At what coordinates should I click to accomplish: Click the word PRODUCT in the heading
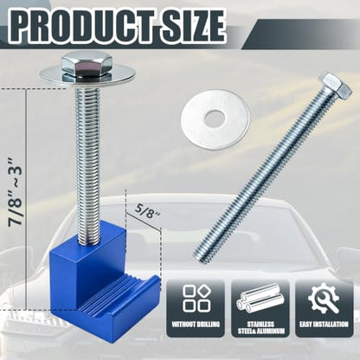84,26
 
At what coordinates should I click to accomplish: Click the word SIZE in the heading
193,26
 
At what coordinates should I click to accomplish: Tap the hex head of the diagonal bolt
337,85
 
